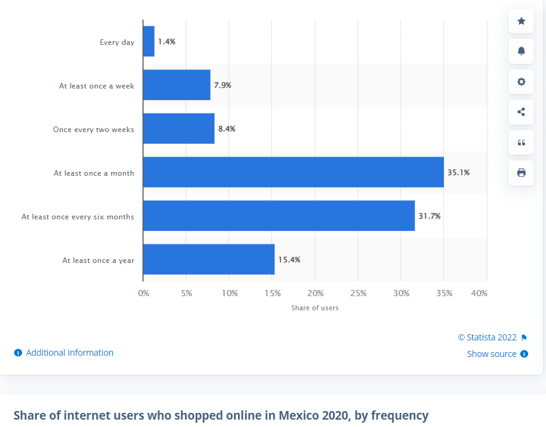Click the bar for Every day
pyautogui.click(x=149, y=42)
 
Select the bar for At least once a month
pyautogui.click(x=293, y=172)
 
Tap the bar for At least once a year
pyautogui.click(x=209, y=259)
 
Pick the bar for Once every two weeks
pyautogui.click(x=179, y=128)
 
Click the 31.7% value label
pyautogui.click(x=429, y=216)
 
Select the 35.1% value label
pyautogui.click(x=458, y=173)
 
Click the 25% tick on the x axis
pyautogui.click(x=359, y=294)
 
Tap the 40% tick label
pyautogui.click(x=479, y=294)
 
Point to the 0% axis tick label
pyautogui.click(x=144, y=294)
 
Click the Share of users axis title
pyautogui.click(x=314, y=308)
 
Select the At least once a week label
pyautogui.click(x=96, y=86)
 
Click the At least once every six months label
pyautogui.click(x=78, y=217)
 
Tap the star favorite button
pyautogui.click(x=521, y=22)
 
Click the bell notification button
pyautogui.click(x=521, y=51)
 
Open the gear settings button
pyautogui.click(x=521, y=82)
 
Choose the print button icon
pyautogui.click(x=521, y=173)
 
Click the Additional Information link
pyautogui.click(x=69, y=353)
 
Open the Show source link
pyautogui.click(x=492, y=354)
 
